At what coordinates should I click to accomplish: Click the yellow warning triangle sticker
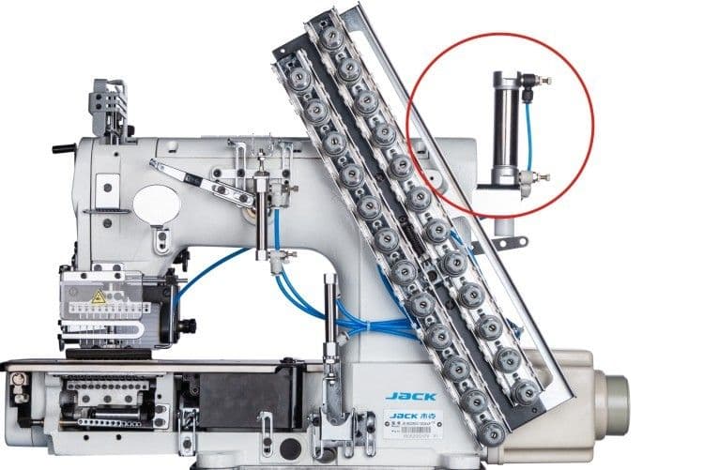pyautogui.click(x=98, y=297)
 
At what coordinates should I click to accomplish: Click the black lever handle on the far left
pyautogui.click(x=64, y=148)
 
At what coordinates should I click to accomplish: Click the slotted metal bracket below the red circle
pyautogui.click(x=508, y=245)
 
